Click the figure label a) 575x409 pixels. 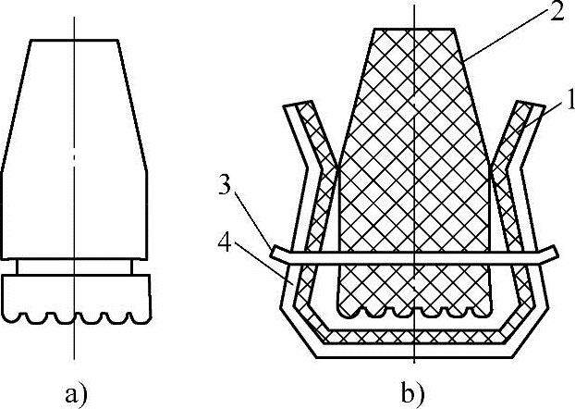coord(76,392)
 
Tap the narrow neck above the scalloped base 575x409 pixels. coord(74,266)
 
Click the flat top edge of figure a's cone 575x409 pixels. coord(74,40)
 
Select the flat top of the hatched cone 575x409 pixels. coord(416,30)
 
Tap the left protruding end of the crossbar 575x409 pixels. coord(280,250)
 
